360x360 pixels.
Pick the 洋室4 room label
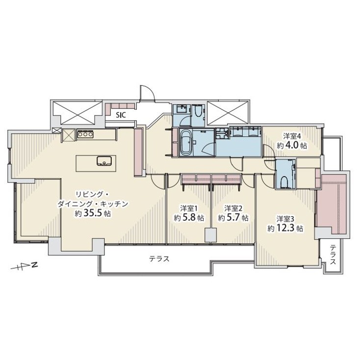(291, 136)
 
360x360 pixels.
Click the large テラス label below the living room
(159, 259)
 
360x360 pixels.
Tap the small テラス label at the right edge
(333, 255)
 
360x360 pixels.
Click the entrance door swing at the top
(146, 93)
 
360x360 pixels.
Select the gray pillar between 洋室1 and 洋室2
(210, 235)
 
